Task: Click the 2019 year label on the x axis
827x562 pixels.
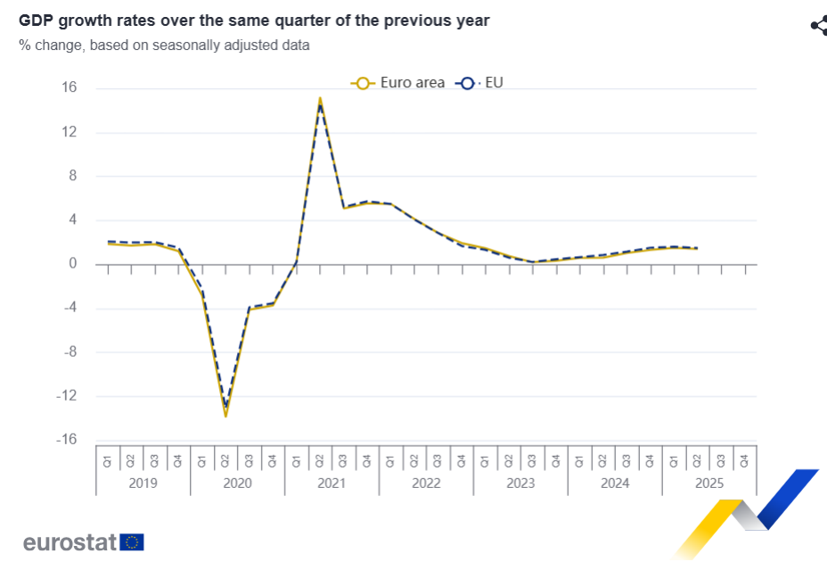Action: click(x=143, y=483)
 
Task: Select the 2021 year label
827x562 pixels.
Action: click(x=332, y=483)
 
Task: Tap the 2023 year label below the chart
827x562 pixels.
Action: click(x=520, y=483)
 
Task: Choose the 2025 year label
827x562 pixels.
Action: click(x=709, y=483)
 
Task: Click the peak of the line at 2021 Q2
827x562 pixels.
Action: click(x=320, y=99)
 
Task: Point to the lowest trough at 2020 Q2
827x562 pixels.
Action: click(x=225, y=415)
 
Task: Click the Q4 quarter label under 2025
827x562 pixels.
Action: click(x=745, y=461)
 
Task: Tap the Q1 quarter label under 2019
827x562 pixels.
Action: click(x=107, y=461)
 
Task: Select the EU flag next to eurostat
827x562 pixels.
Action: click(x=133, y=542)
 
